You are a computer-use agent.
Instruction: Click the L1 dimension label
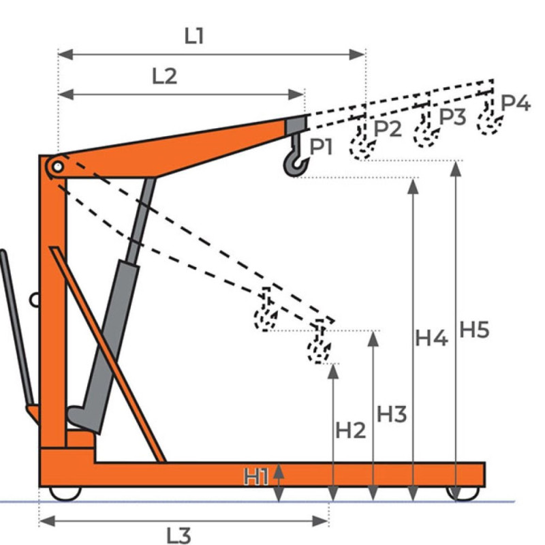coord(195,36)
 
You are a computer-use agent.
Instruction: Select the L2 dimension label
coord(164,76)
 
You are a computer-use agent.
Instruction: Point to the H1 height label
coord(257,477)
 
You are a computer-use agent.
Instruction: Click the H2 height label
coord(351,430)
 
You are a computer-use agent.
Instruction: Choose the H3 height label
coord(392,414)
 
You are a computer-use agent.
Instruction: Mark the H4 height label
coord(432,337)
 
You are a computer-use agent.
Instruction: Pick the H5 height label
coord(474,329)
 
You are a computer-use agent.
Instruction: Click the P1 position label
coord(325,146)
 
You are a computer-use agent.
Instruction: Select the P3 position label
coord(451,116)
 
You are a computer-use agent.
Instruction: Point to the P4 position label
coord(515,103)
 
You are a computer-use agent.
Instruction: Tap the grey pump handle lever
coord(17,327)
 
